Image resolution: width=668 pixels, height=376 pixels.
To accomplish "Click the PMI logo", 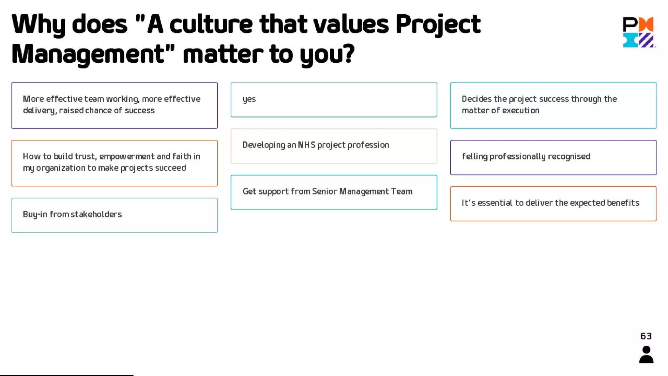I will (x=639, y=32).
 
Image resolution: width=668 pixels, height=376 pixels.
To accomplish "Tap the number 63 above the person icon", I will (x=646, y=336).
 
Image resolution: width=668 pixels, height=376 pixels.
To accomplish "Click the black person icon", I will (x=646, y=354).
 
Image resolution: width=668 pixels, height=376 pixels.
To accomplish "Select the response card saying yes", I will (x=334, y=100).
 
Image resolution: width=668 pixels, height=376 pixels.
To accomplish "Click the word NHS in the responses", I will (x=307, y=145).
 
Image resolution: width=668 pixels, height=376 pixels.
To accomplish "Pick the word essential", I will (x=495, y=203).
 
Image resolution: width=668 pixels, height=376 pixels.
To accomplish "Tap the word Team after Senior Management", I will (x=402, y=192).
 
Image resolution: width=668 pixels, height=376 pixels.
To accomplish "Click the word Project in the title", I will (x=438, y=24).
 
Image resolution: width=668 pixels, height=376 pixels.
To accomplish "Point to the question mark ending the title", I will (x=348, y=54).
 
